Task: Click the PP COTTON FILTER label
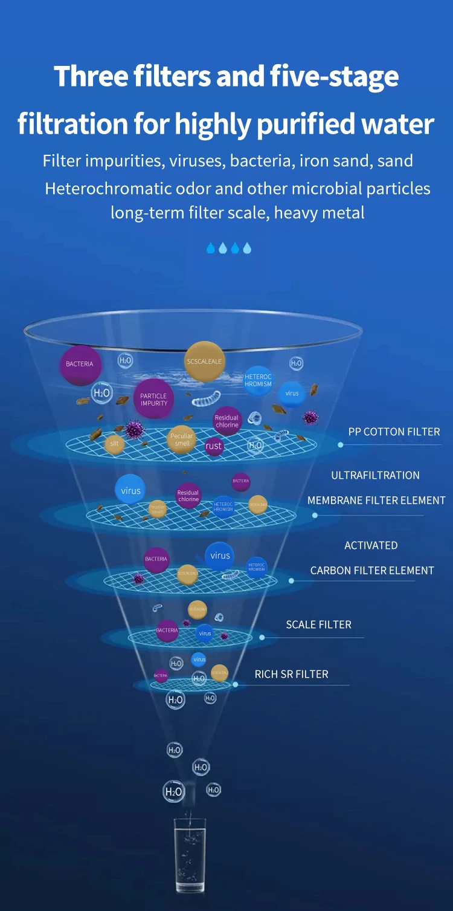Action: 394,432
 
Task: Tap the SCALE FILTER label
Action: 318,624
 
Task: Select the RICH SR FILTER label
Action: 291,674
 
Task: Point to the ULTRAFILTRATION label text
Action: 375,475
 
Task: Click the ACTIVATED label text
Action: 371,545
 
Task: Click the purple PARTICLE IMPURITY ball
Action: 153,399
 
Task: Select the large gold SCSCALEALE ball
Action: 204,361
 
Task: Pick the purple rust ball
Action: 214,446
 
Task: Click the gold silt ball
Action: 114,444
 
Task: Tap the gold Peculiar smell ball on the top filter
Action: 181,439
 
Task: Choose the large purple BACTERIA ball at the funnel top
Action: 80,365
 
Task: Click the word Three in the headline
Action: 91,77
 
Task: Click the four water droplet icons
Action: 228,248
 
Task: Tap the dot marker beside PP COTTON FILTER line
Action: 341,445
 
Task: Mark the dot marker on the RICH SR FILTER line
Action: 235,684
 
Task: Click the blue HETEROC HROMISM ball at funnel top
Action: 259,380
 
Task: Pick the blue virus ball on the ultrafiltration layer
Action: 130,491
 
